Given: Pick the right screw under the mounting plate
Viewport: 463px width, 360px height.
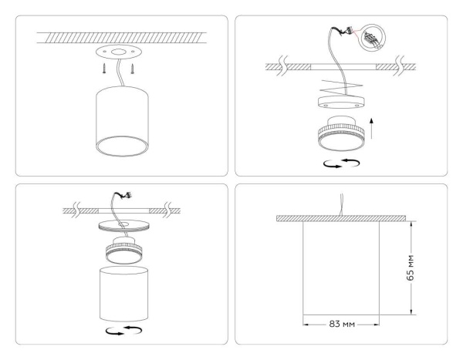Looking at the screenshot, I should [x=133, y=69].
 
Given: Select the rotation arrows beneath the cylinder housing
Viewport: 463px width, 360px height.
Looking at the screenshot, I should [x=122, y=330].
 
